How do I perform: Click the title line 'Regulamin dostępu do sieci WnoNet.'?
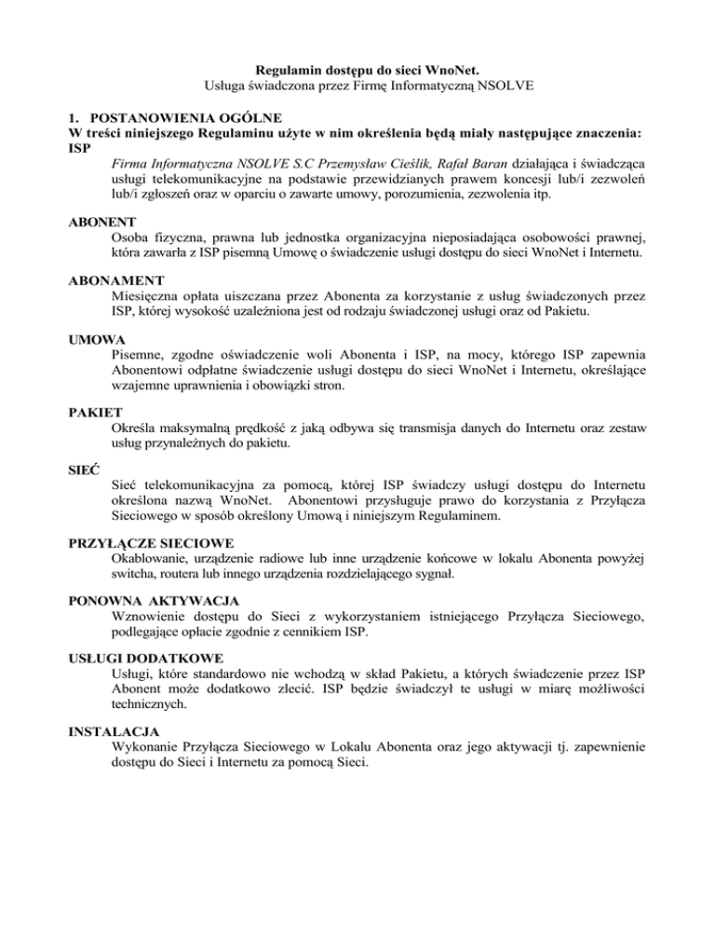(357, 69)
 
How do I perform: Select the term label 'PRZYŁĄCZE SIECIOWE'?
(151, 542)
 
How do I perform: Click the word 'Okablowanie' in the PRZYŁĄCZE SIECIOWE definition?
(152, 559)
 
